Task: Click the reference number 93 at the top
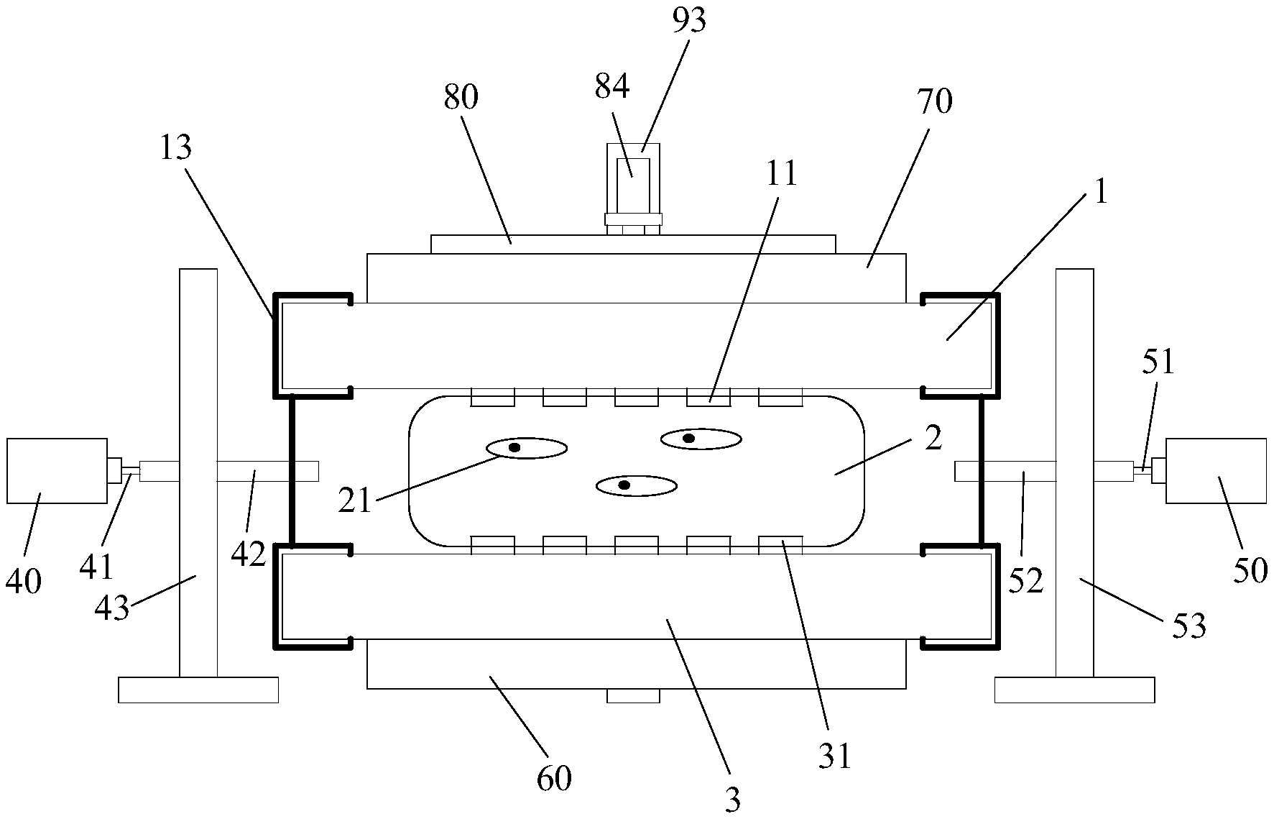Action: (690, 22)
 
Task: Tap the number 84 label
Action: (612, 86)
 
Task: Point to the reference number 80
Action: (461, 98)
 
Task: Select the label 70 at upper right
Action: (935, 102)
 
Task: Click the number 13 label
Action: (175, 148)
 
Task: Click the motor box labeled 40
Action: (57, 471)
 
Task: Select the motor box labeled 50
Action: (1216, 471)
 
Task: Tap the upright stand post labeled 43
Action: (198, 473)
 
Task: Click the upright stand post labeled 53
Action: (1074, 473)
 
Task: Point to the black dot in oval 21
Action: (514, 447)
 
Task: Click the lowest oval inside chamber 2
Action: (637, 486)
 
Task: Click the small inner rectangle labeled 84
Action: (633, 178)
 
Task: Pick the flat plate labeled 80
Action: (633, 244)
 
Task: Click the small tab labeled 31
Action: (780, 545)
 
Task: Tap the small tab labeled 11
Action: (708, 397)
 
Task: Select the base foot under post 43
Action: (198, 690)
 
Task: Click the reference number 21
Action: (355, 500)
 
